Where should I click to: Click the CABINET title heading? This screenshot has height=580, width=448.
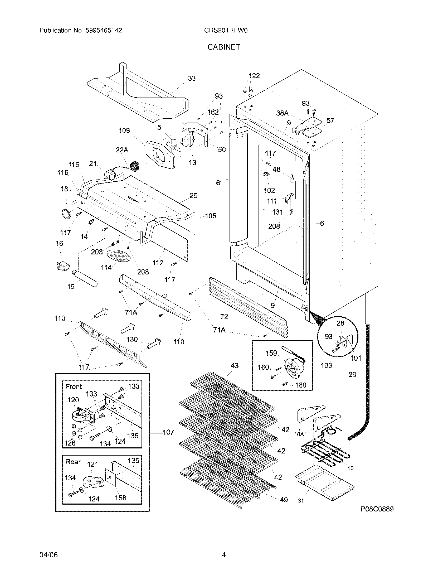pyautogui.click(x=223, y=47)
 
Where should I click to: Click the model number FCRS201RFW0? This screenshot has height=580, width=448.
pyautogui.click(x=224, y=31)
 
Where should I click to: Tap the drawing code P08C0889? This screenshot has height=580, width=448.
pyautogui.click(x=377, y=509)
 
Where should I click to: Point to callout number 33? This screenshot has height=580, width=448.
pyautogui.click(x=192, y=78)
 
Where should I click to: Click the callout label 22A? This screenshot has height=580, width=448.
pyautogui.click(x=122, y=150)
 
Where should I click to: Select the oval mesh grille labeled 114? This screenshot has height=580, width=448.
pyautogui.click(x=119, y=256)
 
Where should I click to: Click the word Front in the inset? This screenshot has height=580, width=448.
pyautogui.click(x=74, y=387)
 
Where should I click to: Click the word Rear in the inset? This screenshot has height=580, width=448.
pyautogui.click(x=73, y=462)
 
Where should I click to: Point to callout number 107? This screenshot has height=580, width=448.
pyautogui.click(x=168, y=432)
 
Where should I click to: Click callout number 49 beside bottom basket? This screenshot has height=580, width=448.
pyautogui.click(x=284, y=500)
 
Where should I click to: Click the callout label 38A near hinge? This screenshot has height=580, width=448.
pyautogui.click(x=282, y=113)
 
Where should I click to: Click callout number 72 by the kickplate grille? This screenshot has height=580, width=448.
pyautogui.click(x=224, y=317)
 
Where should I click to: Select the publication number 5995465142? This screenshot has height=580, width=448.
pyautogui.click(x=104, y=31)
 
